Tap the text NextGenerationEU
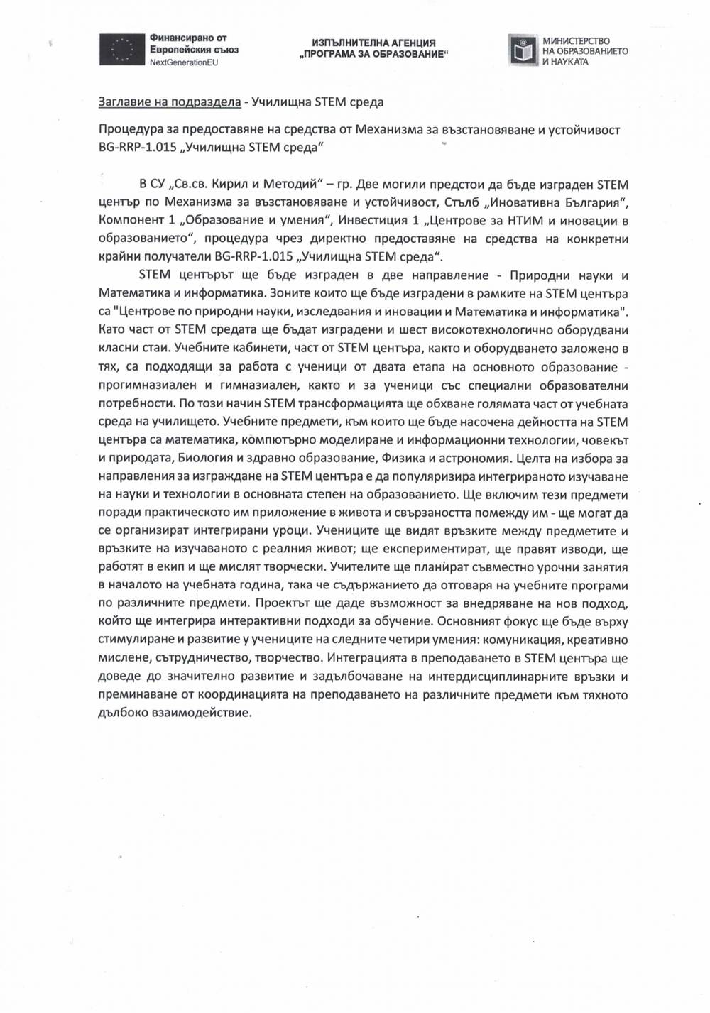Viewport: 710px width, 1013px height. (182, 63)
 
